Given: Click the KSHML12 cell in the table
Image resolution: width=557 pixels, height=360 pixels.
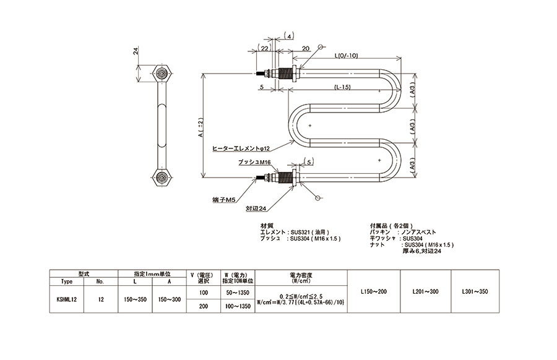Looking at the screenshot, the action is click(66, 299).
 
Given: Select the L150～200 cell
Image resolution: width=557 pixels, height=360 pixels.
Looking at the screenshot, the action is click(373, 291).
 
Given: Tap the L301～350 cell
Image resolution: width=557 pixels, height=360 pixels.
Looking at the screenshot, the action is click(475, 291).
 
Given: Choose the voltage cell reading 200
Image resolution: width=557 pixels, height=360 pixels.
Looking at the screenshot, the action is click(204, 306).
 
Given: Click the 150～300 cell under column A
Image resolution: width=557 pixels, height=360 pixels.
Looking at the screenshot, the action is click(169, 299).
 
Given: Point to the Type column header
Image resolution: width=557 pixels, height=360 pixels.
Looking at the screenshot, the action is click(66, 281).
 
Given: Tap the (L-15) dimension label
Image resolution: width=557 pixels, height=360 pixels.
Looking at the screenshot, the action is click(342, 87).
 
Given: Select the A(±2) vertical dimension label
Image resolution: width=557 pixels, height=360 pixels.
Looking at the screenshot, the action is click(201, 127).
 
